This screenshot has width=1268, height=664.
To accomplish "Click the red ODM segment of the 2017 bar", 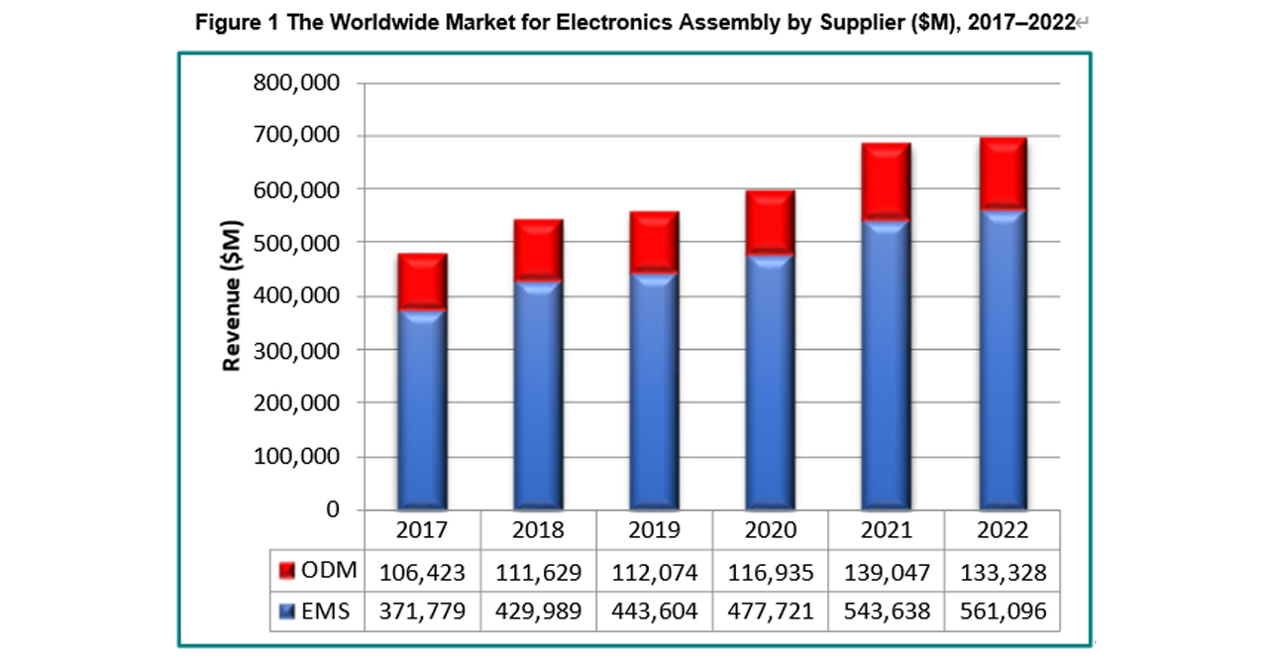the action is pyautogui.click(x=422, y=281).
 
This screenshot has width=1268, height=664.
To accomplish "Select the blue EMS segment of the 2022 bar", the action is pyautogui.click(x=1004, y=360).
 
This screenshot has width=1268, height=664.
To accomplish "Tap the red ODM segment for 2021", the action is pyautogui.click(x=887, y=181).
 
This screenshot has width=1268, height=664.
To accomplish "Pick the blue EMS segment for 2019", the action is pyautogui.click(x=655, y=391).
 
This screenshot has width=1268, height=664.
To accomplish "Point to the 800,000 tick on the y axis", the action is pyautogui.click(x=296, y=83).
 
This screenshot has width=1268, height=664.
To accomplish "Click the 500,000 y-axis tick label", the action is pyautogui.click(x=296, y=243).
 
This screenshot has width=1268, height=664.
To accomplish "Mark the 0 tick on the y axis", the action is pyautogui.click(x=333, y=509).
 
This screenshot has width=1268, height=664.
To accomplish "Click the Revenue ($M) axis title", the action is pyautogui.click(x=232, y=295).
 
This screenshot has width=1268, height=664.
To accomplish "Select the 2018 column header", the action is pyautogui.click(x=538, y=530).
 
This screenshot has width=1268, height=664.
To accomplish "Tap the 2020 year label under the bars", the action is pyautogui.click(x=771, y=530).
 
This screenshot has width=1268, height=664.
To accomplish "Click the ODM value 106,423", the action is pyautogui.click(x=422, y=573).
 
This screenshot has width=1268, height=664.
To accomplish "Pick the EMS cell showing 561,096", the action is pyautogui.click(x=1004, y=611).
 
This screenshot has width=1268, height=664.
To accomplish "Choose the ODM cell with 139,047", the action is pyautogui.click(x=887, y=573).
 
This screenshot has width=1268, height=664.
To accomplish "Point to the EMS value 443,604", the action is pyautogui.click(x=655, y=611).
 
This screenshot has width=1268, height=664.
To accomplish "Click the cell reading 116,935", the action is pyautogui.click(x=771, y=573).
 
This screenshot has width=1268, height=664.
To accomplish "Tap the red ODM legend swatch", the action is pyautogui.click(x=287, y=571).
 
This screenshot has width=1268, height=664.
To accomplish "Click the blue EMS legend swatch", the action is pyautogui.click(x=287, y=611).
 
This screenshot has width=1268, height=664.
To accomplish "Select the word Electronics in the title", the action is pyautogui.click(x=614, y=23).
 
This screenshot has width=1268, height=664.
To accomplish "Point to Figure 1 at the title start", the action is pyautogui.click(x=237, y=23).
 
